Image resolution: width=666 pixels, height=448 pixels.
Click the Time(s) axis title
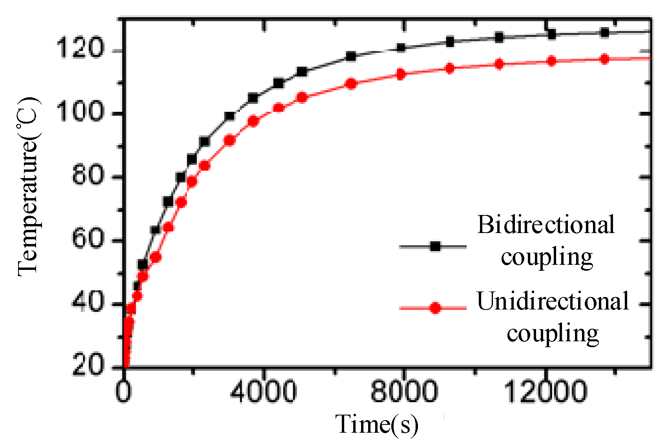pos(377,424)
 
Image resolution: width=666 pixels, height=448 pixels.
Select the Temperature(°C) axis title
pos(28,186)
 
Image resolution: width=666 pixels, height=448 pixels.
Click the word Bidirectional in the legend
pos(546,225)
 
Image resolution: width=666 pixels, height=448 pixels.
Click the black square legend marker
pos(435,246)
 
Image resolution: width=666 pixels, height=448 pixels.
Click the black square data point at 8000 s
pos(401,48)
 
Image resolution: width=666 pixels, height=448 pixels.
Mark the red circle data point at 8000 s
pos(401,74)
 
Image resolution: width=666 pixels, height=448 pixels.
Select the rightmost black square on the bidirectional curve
pos(605,33)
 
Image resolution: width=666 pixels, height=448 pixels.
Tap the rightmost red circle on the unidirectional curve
pos(605,59)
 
